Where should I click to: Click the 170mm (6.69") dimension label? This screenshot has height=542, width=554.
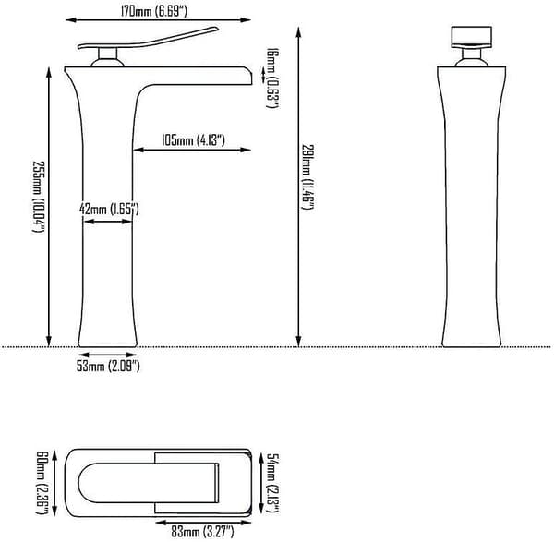tap(154, 11)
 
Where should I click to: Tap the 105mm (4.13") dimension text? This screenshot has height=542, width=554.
tap(193, 140)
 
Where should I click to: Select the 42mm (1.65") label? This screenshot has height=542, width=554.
tap(109, 210)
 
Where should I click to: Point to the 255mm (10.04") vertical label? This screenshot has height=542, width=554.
tap(39, 197)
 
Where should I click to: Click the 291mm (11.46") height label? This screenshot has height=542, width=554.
tap(307, 176)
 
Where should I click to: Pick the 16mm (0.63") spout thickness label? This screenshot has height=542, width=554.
tap(272, 78)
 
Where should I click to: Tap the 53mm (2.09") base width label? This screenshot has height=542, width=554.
tap(108, 366)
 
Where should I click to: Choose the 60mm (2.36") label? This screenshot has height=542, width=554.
tap(42, 482)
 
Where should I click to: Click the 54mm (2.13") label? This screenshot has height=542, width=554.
tap(272, 483)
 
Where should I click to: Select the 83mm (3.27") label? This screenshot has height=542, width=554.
tap(202, 532)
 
